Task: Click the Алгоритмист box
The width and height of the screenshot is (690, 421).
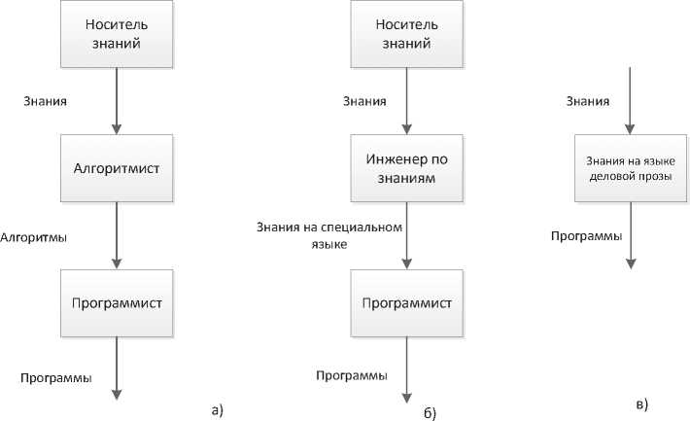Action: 117,168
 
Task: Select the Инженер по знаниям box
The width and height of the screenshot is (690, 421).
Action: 406,168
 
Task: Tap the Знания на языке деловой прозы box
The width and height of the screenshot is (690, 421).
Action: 631,168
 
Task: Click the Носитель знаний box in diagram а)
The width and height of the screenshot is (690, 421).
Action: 117,35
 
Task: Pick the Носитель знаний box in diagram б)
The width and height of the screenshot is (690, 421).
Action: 406,35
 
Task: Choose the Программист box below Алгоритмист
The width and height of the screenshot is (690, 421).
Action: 117,302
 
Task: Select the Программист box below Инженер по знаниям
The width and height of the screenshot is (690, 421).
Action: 406,302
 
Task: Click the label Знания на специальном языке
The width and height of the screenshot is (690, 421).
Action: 330,236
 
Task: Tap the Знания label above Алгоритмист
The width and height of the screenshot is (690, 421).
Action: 46,100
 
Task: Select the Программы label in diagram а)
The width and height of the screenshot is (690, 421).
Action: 54,377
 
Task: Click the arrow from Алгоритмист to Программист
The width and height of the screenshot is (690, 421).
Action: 117,234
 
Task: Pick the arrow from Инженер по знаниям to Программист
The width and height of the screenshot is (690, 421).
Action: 406,234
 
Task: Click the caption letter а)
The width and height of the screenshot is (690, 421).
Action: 217,409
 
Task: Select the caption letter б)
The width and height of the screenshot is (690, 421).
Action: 430,414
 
